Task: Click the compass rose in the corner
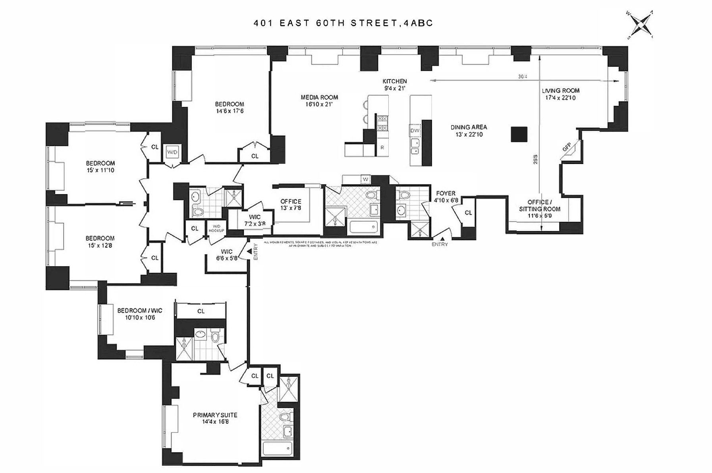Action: pyautogui.click(x=640, y=25)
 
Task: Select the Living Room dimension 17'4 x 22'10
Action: pyautogui.click(x=560, y=98)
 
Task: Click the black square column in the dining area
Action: pyautogui.click(x=519, y=134)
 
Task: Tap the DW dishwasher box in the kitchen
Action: pyautogui.click(x=415, y=131)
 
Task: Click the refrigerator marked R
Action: pyautogui.click(x=382, y=147)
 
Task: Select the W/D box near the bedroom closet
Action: pyautogui.click(x=172, y=152)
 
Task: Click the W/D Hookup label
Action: pyautogui.click(x=216, y=229)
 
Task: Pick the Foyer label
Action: pyautogui.click(x=446, y=193)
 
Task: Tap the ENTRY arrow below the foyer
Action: pyautogui.click(x=442, y=238)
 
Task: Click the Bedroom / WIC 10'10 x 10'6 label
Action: pyautogui.click(x=140, y=314)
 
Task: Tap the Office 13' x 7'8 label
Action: pyautogui.click(x=291, y=204)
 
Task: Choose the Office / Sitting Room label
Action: pyautogui.click(x=539, y=209)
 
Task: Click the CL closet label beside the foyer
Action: pyautogui.click(x=468, y=212)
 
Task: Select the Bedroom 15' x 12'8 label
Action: pyautogui.click(x=100, y=242)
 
